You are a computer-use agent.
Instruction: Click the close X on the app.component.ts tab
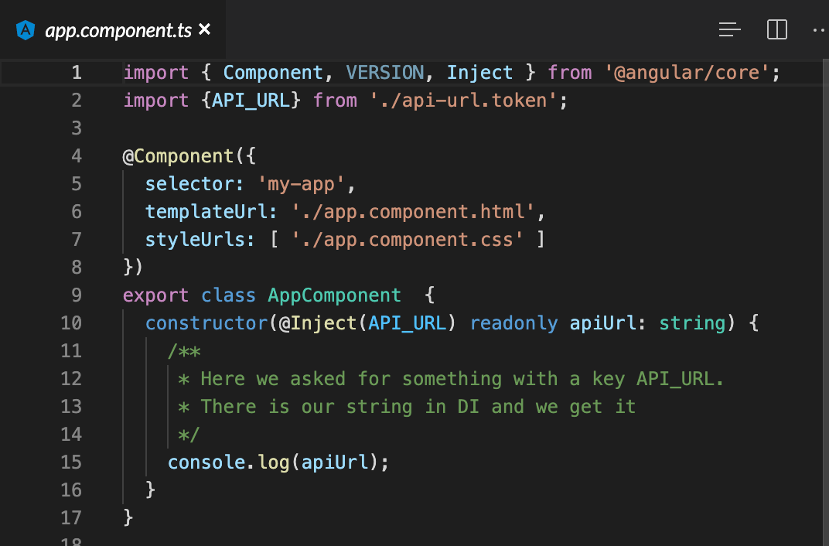[x=205, y=29]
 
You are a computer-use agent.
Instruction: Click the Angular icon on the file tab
[x=26, y=30]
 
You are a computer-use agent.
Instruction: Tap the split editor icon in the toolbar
[x=776, y=29]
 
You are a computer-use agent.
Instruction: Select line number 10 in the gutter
[x=71, y=323]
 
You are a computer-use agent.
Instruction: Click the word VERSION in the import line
[x=384, y=73]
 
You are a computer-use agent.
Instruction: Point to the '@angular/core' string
[x=681, y=73]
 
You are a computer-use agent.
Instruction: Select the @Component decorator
[x=178, y=156]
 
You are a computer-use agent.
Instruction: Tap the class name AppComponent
[x=334, y=295]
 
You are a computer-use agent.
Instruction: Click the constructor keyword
[x=206, y=323]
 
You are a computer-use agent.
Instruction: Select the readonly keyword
[x=513, y=323]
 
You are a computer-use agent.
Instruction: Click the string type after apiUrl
[x=692, y=323]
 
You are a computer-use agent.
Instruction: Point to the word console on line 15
[x=206, y=462]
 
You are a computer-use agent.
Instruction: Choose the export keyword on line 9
[x=155, y=295]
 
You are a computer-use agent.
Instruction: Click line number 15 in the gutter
[x=71, y=462]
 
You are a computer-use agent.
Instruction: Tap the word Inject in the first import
[x=479, y=73]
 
